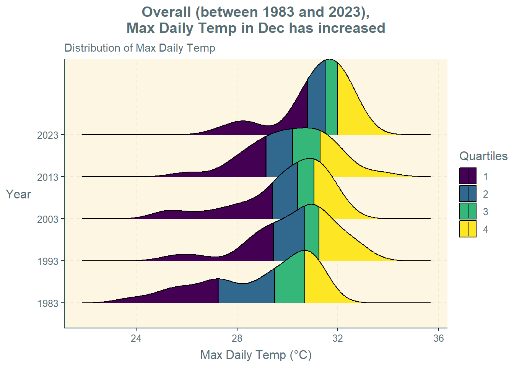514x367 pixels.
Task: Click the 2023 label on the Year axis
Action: [x=48, y=135]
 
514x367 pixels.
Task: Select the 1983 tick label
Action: [x=48, y=304]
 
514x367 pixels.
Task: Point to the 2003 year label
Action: [x=48, y=219]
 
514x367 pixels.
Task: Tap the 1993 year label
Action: [x=48, y=261]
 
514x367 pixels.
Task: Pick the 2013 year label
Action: [x=48, y=177]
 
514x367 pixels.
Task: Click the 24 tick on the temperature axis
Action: [x=136, y=338]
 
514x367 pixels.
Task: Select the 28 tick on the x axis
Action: [x=237, y=338]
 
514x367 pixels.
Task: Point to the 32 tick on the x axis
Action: [x=338, y=338]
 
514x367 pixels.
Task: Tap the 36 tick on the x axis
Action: [x=439, y=338]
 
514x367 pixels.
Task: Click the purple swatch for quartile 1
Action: [x=468, y=176]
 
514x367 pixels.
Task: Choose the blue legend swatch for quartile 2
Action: [x=468, y=194]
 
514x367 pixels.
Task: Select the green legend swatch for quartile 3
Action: [x=468, y=211]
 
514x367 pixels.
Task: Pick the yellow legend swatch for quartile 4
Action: [x=468, y=229]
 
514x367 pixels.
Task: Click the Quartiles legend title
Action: [x=483, y=156]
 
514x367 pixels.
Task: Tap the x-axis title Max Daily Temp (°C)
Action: [x=256, y=355]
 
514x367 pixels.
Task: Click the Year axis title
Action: [x=18, y=195]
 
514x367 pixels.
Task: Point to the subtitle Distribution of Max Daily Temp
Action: [x=140, y=48]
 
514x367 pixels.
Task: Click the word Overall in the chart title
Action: [x=166, y=12]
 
